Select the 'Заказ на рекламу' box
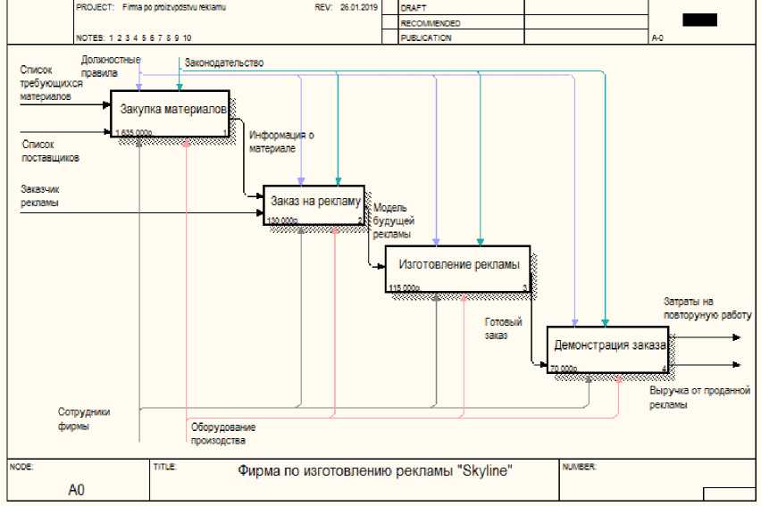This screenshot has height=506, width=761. coord(314,204)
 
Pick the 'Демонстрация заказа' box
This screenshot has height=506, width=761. coord(607,349)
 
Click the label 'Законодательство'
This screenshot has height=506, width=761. coord(224,62)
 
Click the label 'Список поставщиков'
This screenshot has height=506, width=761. coord(50,150)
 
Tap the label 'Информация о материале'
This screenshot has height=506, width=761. coord(281,142)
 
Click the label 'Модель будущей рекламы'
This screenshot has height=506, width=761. coord(393,220)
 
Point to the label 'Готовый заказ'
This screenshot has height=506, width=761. coord(504,328)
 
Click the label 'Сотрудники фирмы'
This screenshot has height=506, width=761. coord(84,419)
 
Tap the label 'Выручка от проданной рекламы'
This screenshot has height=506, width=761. coord(698,397)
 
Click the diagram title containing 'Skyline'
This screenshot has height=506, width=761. coord(374,470)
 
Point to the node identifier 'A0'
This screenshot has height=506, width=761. coord(77,490)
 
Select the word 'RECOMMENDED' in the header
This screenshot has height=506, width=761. coord(431,22)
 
